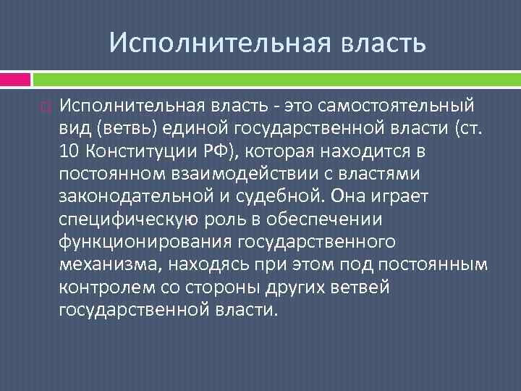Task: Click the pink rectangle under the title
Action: pyautogui.click(x=15, y=79)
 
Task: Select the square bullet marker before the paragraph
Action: pyautogui.click(x=46, y=109)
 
